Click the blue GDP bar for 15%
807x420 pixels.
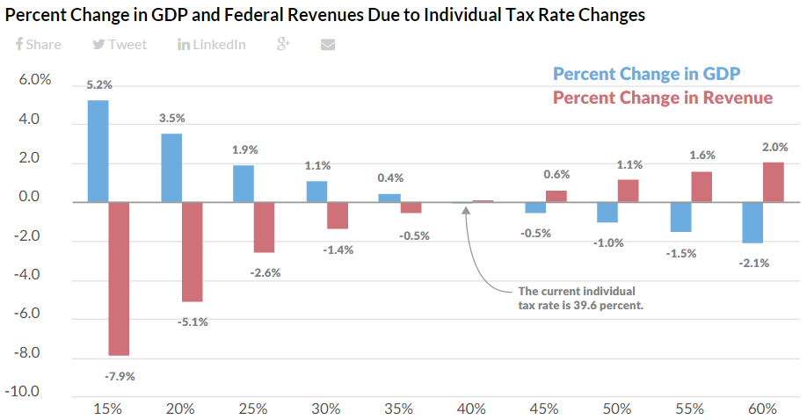tap(98, 151)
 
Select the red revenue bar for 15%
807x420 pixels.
tap(120, 279)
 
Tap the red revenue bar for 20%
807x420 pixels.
tap(193, 251)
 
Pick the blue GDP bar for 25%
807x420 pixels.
tap(244, 184)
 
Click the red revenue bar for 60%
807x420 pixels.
tap(774, 182)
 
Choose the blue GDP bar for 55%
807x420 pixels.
tap(680, 217)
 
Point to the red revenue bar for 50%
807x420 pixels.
tap(628, 191)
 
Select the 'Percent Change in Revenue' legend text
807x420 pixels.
tap(663, 98)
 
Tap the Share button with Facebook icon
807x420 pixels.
tap(39, 45)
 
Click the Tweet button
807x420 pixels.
tap(120, 45)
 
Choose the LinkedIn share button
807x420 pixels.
tap(212, 45)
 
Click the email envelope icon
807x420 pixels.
tap(328, 45)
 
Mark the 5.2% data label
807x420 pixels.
tap(98, 85)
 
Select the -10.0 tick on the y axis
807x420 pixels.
tap(29, 391)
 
